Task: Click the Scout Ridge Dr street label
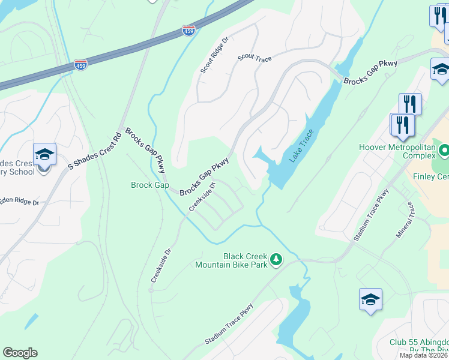(x=215, y=56)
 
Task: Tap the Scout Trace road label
(x=255, y=58)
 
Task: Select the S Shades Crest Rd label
(x=95, y=151)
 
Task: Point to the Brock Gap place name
(x=150, y=185)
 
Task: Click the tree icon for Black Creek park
(x=276, y=260)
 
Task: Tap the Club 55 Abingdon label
(x=418, y=347)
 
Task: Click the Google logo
(x=20, y=353)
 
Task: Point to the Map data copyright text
(x=424, y=355)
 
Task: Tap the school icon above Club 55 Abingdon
(x=370, y=299)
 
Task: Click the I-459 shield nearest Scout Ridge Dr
(x=189, y=29)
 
